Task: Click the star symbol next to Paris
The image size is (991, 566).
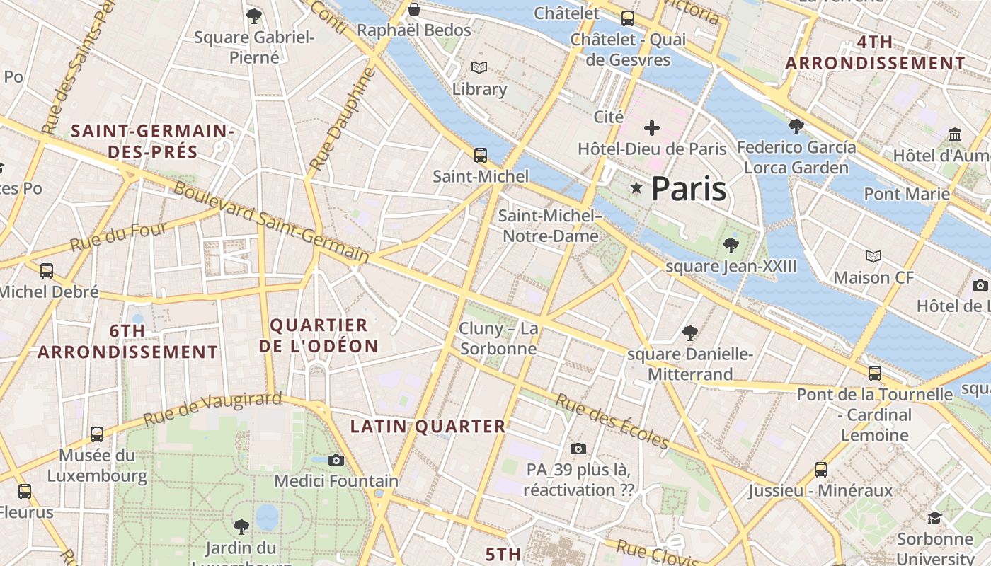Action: [637, 188]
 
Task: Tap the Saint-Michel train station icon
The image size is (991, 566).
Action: [481, 155]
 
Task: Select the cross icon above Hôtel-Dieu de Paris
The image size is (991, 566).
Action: [652, 128]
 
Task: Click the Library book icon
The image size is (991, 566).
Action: [479, 68]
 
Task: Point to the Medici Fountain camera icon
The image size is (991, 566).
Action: [336, 460]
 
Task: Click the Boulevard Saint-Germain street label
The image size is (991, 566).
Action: [271, 222]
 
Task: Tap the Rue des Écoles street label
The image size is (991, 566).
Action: [612, 422]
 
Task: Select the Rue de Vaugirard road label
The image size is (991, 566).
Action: [212, 410]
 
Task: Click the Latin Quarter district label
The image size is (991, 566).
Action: [428, 426]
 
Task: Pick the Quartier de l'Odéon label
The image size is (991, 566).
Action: [319, 335]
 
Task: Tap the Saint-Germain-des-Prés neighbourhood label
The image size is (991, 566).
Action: [153, 141]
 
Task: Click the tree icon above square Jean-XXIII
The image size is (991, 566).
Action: [731, 246]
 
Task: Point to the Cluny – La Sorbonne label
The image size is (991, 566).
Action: [498, 338]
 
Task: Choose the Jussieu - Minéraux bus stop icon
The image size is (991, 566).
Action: [821, 469]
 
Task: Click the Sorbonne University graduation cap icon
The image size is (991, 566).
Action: [934, 518]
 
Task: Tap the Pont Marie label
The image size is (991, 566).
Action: [907, 193]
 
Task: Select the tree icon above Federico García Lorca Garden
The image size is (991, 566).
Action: [796, 127]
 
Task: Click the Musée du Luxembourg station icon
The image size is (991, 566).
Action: [97, 434]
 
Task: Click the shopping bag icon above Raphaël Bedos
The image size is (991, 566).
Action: [414, 9]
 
